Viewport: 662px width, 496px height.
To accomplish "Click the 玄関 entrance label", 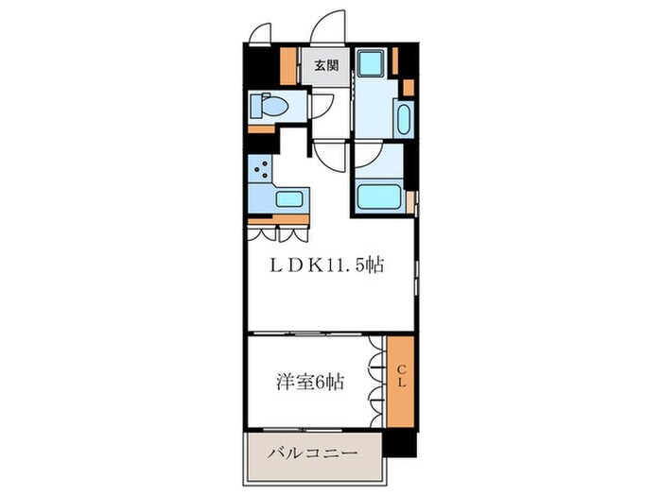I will click(324, 65).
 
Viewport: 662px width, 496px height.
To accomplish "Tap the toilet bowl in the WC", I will click(271, 107).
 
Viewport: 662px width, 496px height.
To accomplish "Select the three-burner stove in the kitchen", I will click(260, 171).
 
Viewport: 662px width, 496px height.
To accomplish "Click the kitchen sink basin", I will click(288, 199).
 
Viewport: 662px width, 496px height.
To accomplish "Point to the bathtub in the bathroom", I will click(380, 196).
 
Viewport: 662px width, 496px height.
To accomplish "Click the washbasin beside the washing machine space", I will click(405, 120).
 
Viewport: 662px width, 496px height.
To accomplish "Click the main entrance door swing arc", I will click(331, 26).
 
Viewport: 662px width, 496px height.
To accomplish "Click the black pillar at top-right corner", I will click(407, 59).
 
